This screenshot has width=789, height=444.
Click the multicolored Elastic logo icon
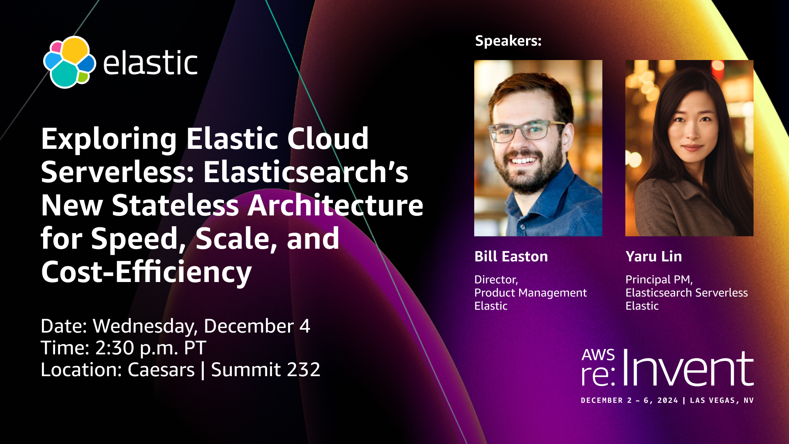(x=69, y=62)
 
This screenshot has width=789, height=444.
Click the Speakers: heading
(x=508, y=41)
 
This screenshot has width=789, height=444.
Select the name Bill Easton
(x=511, y=257)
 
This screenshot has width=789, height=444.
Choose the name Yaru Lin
(x=653, y=257)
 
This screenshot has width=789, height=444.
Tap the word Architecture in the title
(x=335, y=205)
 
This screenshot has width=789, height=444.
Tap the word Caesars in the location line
(x=161, y=370)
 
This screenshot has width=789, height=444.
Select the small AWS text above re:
(x=598, y=355)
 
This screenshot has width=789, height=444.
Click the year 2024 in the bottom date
(x=668, y=400)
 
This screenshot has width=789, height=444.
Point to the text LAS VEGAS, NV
(x=722, y=400)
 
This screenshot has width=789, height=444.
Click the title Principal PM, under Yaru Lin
(x=659, y=280)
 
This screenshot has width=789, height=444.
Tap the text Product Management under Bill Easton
(x=531, y=293)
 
